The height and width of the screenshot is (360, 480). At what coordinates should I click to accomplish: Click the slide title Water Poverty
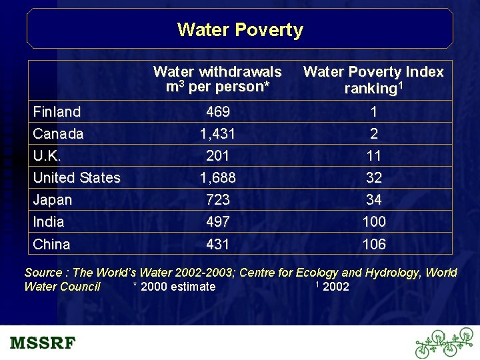(x=240, y=30)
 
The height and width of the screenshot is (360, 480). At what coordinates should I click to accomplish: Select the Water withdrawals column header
(x=217, y=79)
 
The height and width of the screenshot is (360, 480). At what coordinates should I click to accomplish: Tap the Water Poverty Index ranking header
(x=373, y=80)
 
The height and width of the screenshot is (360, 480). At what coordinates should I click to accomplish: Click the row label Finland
(x=57, y=112)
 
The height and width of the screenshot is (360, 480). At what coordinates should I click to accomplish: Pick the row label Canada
(x=58, y=134)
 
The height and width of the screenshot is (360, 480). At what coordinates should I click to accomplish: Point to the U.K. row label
(x=47, y=156)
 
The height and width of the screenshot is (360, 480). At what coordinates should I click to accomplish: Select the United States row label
(x=77, y=178)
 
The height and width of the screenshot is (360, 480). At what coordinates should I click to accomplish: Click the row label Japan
(x=52, y=200)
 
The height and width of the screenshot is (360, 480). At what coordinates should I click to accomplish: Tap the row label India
(x=49, y=222)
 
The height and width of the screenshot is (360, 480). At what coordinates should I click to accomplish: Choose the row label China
(x=51, y=245)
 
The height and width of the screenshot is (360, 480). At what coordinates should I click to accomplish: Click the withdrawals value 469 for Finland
(x=218, y=112)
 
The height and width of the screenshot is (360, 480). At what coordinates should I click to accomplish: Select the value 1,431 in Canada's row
(x=218, y=134)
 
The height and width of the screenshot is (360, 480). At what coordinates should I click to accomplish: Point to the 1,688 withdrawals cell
(x=218, y=178)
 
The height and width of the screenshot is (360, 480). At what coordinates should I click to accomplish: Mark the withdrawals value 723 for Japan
(x=218, y=200)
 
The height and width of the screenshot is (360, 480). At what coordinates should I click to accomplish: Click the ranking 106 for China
(x=374, y=245)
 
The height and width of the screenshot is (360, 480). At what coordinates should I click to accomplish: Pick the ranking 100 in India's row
(x=374, y=222)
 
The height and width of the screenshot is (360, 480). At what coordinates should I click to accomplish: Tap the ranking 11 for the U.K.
(x=374, y=156)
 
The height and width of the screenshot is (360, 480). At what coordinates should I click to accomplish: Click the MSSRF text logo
(x=43, y=344)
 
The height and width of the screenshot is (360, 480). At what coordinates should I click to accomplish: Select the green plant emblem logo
(x=444, y=343)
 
